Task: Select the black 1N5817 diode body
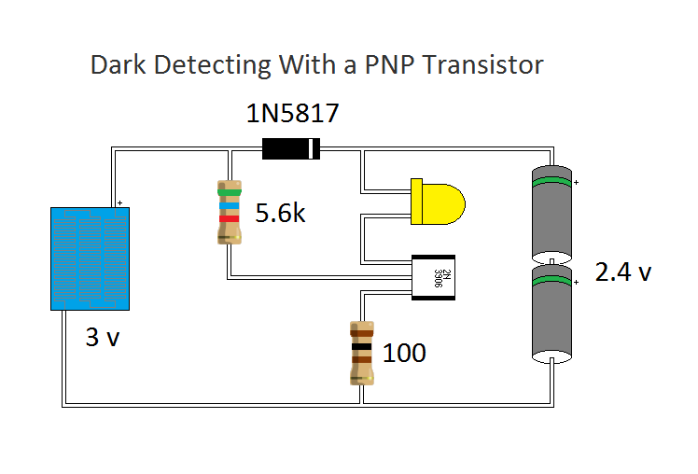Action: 290,147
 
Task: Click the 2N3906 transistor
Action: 434,277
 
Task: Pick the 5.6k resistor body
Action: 229,214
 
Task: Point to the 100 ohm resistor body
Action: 362,353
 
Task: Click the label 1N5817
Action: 292,115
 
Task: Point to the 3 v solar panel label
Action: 103,338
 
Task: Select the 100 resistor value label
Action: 404,353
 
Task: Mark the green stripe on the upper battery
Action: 552,180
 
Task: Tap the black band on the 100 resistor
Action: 362,350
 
